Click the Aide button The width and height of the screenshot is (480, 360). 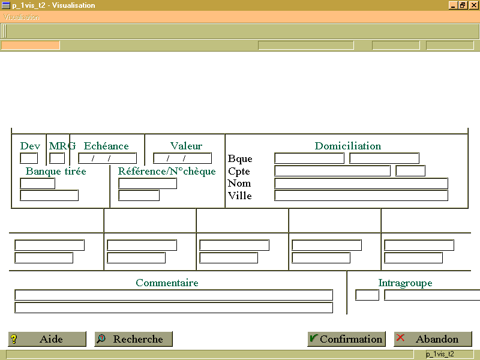pyautogui.click(x=47, y=339)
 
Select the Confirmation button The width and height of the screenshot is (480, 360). pyautogui.click(x=346, y=339)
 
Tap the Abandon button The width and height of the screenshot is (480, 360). pyautogui.click(x=433, y=339)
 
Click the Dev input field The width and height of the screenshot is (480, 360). pyautogui.click(x=29, y=158)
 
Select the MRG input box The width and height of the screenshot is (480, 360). pyautogui.click(x=57, y=158)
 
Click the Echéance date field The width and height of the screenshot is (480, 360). pyautogui.click(x=107, y=158)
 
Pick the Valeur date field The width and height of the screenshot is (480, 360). pyautogui.click(x=182, y=158)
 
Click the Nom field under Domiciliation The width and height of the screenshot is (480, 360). pyautogui.click(x=361, y=184)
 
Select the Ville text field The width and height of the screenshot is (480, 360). pyautogui.click(x=361, y=196)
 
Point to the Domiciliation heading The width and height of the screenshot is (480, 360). pyautogui.click(x=348, y=146)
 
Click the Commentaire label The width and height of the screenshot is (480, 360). pyautogui.click(x=167, y=283)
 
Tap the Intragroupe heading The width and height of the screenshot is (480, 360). pyautogui.click(x=406, y=283)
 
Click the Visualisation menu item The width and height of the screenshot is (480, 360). pyautogui.click(x=22, y=17)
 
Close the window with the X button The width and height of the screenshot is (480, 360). pyautogui.click(x=473, y=5)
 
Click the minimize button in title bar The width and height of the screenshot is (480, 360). pyautogui.click(x=453, y=5)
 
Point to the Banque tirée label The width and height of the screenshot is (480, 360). pyautogui.click(x=56, y=171)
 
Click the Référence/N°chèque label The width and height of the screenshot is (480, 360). pyautogui.click(x=167, y=171)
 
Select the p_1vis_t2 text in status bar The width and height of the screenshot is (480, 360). pyautogui.click(x=440, y=354)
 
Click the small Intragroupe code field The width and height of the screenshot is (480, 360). pyautogui.click(x=367, y=295)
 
